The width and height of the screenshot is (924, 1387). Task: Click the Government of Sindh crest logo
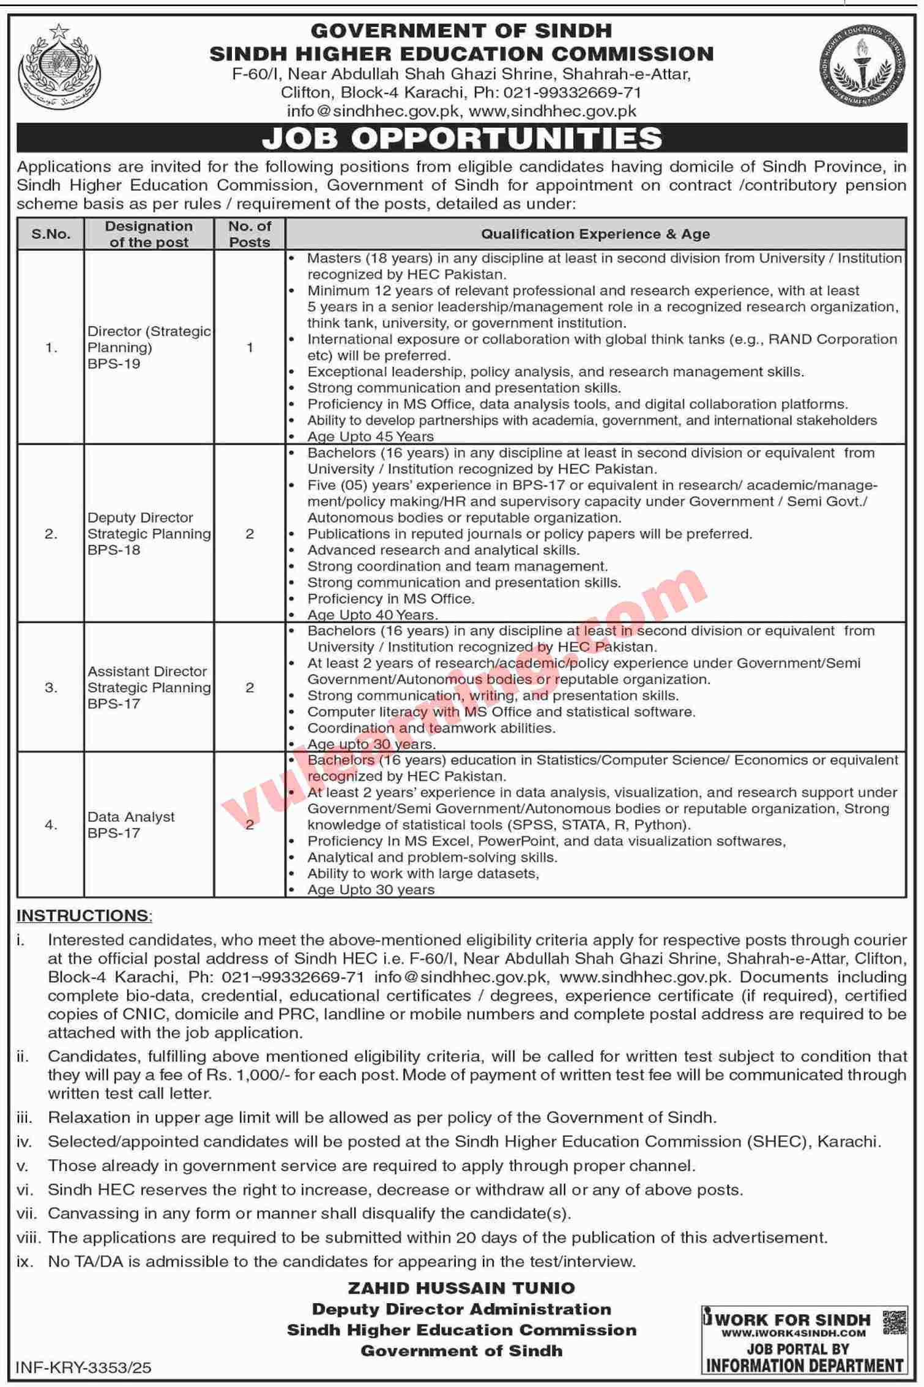pyautogui.click(x=59, y=67)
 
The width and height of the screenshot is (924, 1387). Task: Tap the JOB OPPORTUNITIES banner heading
pyautogui.click(x=462, y=138)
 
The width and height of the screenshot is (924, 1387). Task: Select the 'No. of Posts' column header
pyautogui.click(x=250, y=234)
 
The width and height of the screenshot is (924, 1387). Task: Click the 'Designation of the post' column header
pyautogui.click(x=149, y=234)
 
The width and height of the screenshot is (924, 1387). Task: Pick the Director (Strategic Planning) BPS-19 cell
pyautogui.click(x=149, y=347)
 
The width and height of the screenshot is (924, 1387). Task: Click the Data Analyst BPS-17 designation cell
pyautogui.click(x=131, y=825)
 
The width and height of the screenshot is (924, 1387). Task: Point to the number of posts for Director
pyautogui.click(x=250, y=347)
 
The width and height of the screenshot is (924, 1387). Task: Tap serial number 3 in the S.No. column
pyautogui.click(x=51, y=688)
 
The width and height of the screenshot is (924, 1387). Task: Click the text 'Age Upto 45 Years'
pyautogui.click(x=370, y=437)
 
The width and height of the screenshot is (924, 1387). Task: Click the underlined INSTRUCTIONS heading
pyautogui.click(x=83, y=915)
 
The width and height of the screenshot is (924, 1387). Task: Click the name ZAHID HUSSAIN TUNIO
pyautogui.click(x=461, y=1289)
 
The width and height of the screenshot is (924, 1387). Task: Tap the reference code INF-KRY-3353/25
pyautogui.click(x=84, y=1368)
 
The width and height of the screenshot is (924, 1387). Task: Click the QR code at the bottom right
pyautogui.click(x=895, y=1322)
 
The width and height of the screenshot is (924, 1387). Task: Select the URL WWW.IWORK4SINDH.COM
pyautogui.click(x=793, y=1333)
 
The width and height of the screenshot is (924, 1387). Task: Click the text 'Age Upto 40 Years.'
pyautogui.click(x=373, y=615)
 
